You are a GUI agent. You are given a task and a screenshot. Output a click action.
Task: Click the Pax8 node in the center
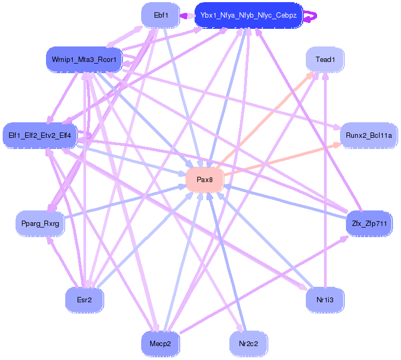point(205,179)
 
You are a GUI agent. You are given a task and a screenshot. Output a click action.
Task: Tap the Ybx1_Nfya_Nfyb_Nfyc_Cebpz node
point(249,15)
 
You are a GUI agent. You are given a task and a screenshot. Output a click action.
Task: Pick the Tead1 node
point(325,60)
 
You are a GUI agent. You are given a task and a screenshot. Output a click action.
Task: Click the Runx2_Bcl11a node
point(369,136)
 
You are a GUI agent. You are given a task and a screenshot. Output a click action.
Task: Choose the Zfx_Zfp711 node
point(369,223)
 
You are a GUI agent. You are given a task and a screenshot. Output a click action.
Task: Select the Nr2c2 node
point(249,343)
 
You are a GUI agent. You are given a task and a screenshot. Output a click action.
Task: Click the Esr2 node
point(84,300)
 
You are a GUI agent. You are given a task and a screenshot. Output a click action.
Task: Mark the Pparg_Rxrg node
point(41,223)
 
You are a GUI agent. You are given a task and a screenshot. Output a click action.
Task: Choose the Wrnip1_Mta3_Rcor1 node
point(84,59)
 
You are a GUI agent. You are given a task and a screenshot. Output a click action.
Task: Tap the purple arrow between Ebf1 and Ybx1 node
point(187,16)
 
